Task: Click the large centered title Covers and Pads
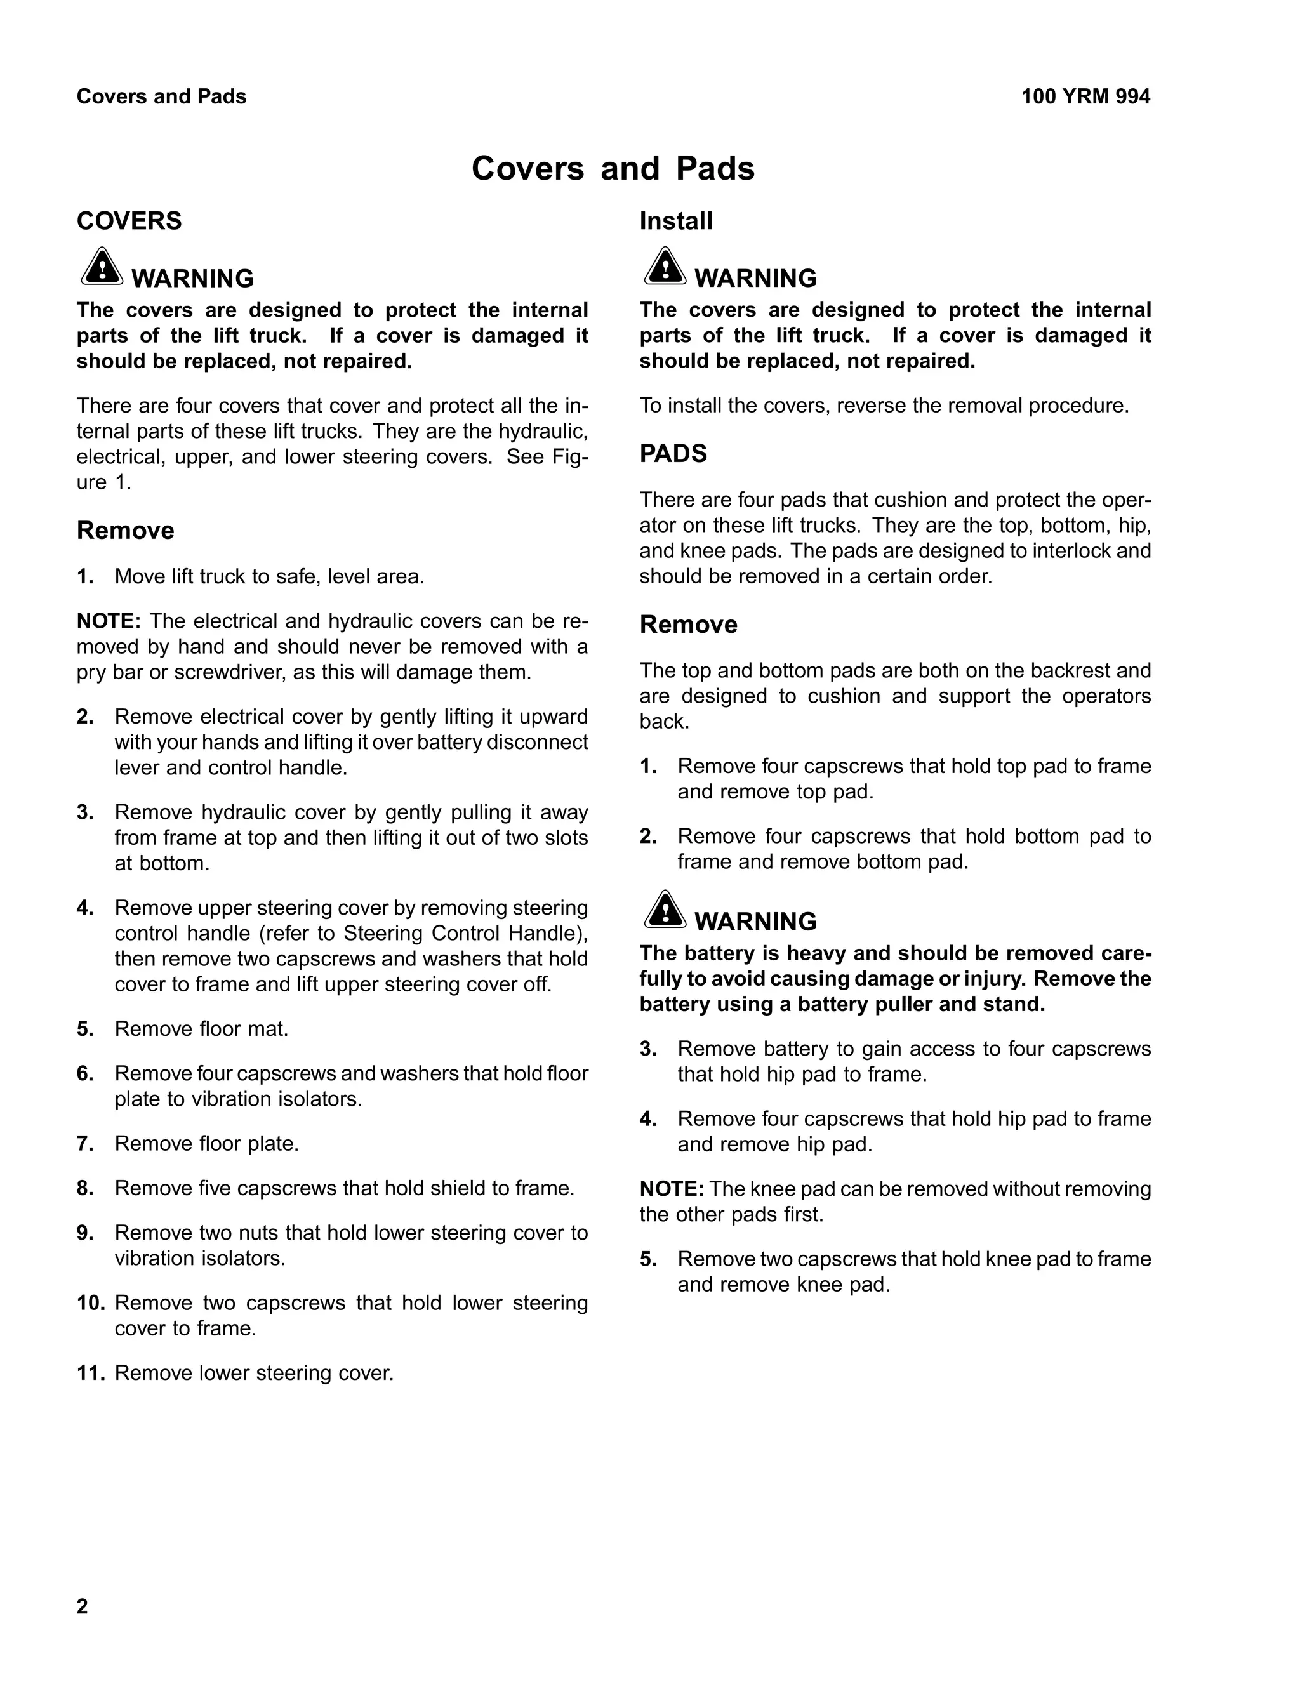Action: coord(613,169)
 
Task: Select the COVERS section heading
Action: coord(129,221)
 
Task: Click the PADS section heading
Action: coord(672,454)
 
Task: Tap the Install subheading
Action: coord(675,221)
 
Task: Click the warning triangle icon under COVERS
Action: coord(102,267)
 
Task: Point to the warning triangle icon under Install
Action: coord(665,267)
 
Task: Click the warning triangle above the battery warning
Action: coord(665,910)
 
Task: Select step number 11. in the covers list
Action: coord(90,1373)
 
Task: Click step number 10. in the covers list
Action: coord(90,1303)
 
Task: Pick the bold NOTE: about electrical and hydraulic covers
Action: coord(108,621)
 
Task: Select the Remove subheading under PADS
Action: coord(687,625)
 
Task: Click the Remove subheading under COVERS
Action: coord(125,531)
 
